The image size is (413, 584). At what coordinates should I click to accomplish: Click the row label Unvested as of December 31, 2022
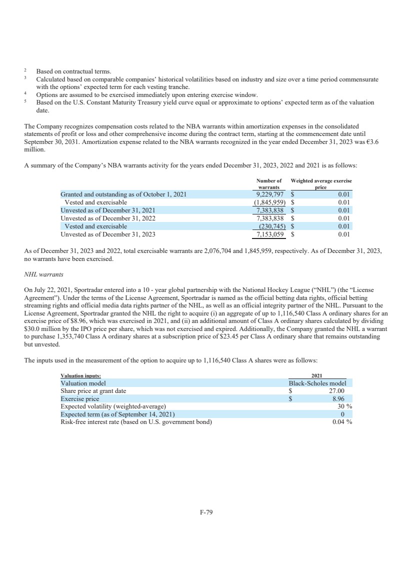108,218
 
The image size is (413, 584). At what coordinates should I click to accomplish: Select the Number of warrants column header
268,183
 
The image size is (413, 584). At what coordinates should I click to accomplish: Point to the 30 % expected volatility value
345,406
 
